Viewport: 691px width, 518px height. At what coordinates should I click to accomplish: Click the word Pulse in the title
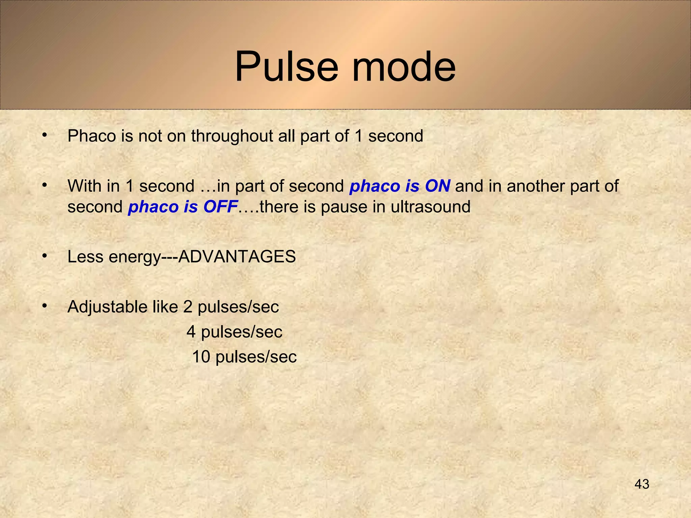click(286, 66)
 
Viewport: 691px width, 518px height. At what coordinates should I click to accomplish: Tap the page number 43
click(642, 484)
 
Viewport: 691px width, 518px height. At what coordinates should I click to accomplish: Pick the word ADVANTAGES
click(237, 257)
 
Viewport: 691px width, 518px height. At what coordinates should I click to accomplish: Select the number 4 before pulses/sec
click(191, 332)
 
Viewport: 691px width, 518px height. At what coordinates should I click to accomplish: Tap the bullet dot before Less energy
click(44, 256)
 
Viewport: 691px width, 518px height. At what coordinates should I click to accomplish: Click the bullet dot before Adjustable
click(44, 306)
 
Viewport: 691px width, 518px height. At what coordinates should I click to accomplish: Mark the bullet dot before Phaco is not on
click(44, 135)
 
